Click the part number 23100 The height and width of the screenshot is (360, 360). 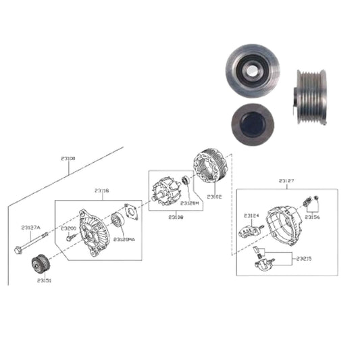68,158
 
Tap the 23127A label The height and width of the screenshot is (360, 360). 30,227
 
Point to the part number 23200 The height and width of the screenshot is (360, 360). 68,228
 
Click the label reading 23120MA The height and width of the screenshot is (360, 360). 124,240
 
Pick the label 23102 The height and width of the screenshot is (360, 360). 214,196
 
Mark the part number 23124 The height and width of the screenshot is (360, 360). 252,215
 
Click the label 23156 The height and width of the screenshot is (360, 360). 312,217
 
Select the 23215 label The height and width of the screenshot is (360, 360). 303,257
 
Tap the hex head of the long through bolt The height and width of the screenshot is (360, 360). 18,251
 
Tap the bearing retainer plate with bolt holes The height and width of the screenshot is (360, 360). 131,214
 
